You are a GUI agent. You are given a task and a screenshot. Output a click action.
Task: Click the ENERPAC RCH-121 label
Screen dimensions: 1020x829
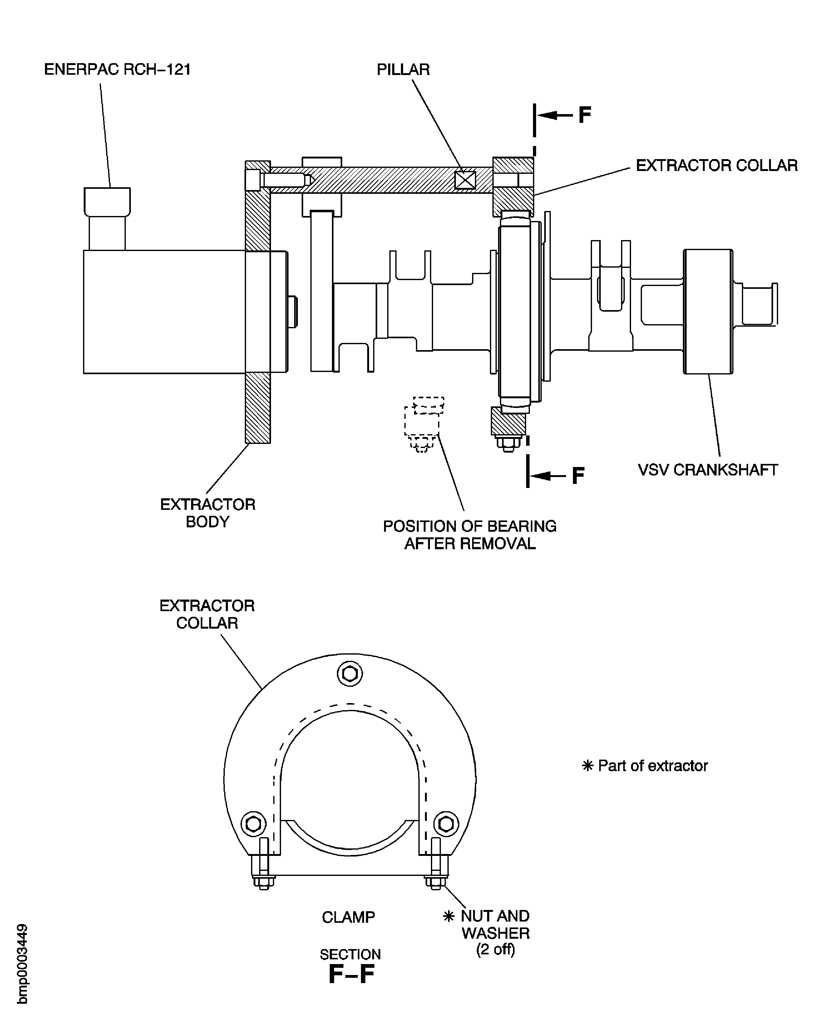(117, 70)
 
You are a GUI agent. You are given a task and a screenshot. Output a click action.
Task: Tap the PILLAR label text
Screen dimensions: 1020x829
(403, 70)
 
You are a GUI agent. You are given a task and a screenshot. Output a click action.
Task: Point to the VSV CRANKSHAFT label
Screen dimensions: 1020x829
(708, 470)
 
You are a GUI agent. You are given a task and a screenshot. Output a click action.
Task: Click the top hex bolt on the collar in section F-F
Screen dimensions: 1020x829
(350, 674)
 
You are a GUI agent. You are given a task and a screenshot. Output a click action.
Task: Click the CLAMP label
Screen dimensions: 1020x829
(348, 917)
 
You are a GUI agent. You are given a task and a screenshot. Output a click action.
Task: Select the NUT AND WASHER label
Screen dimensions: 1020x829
(495, 924)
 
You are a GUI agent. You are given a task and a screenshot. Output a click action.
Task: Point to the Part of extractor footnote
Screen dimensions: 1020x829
(645, 766)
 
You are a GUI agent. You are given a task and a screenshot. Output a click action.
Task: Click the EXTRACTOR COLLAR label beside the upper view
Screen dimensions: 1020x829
(716, 165)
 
